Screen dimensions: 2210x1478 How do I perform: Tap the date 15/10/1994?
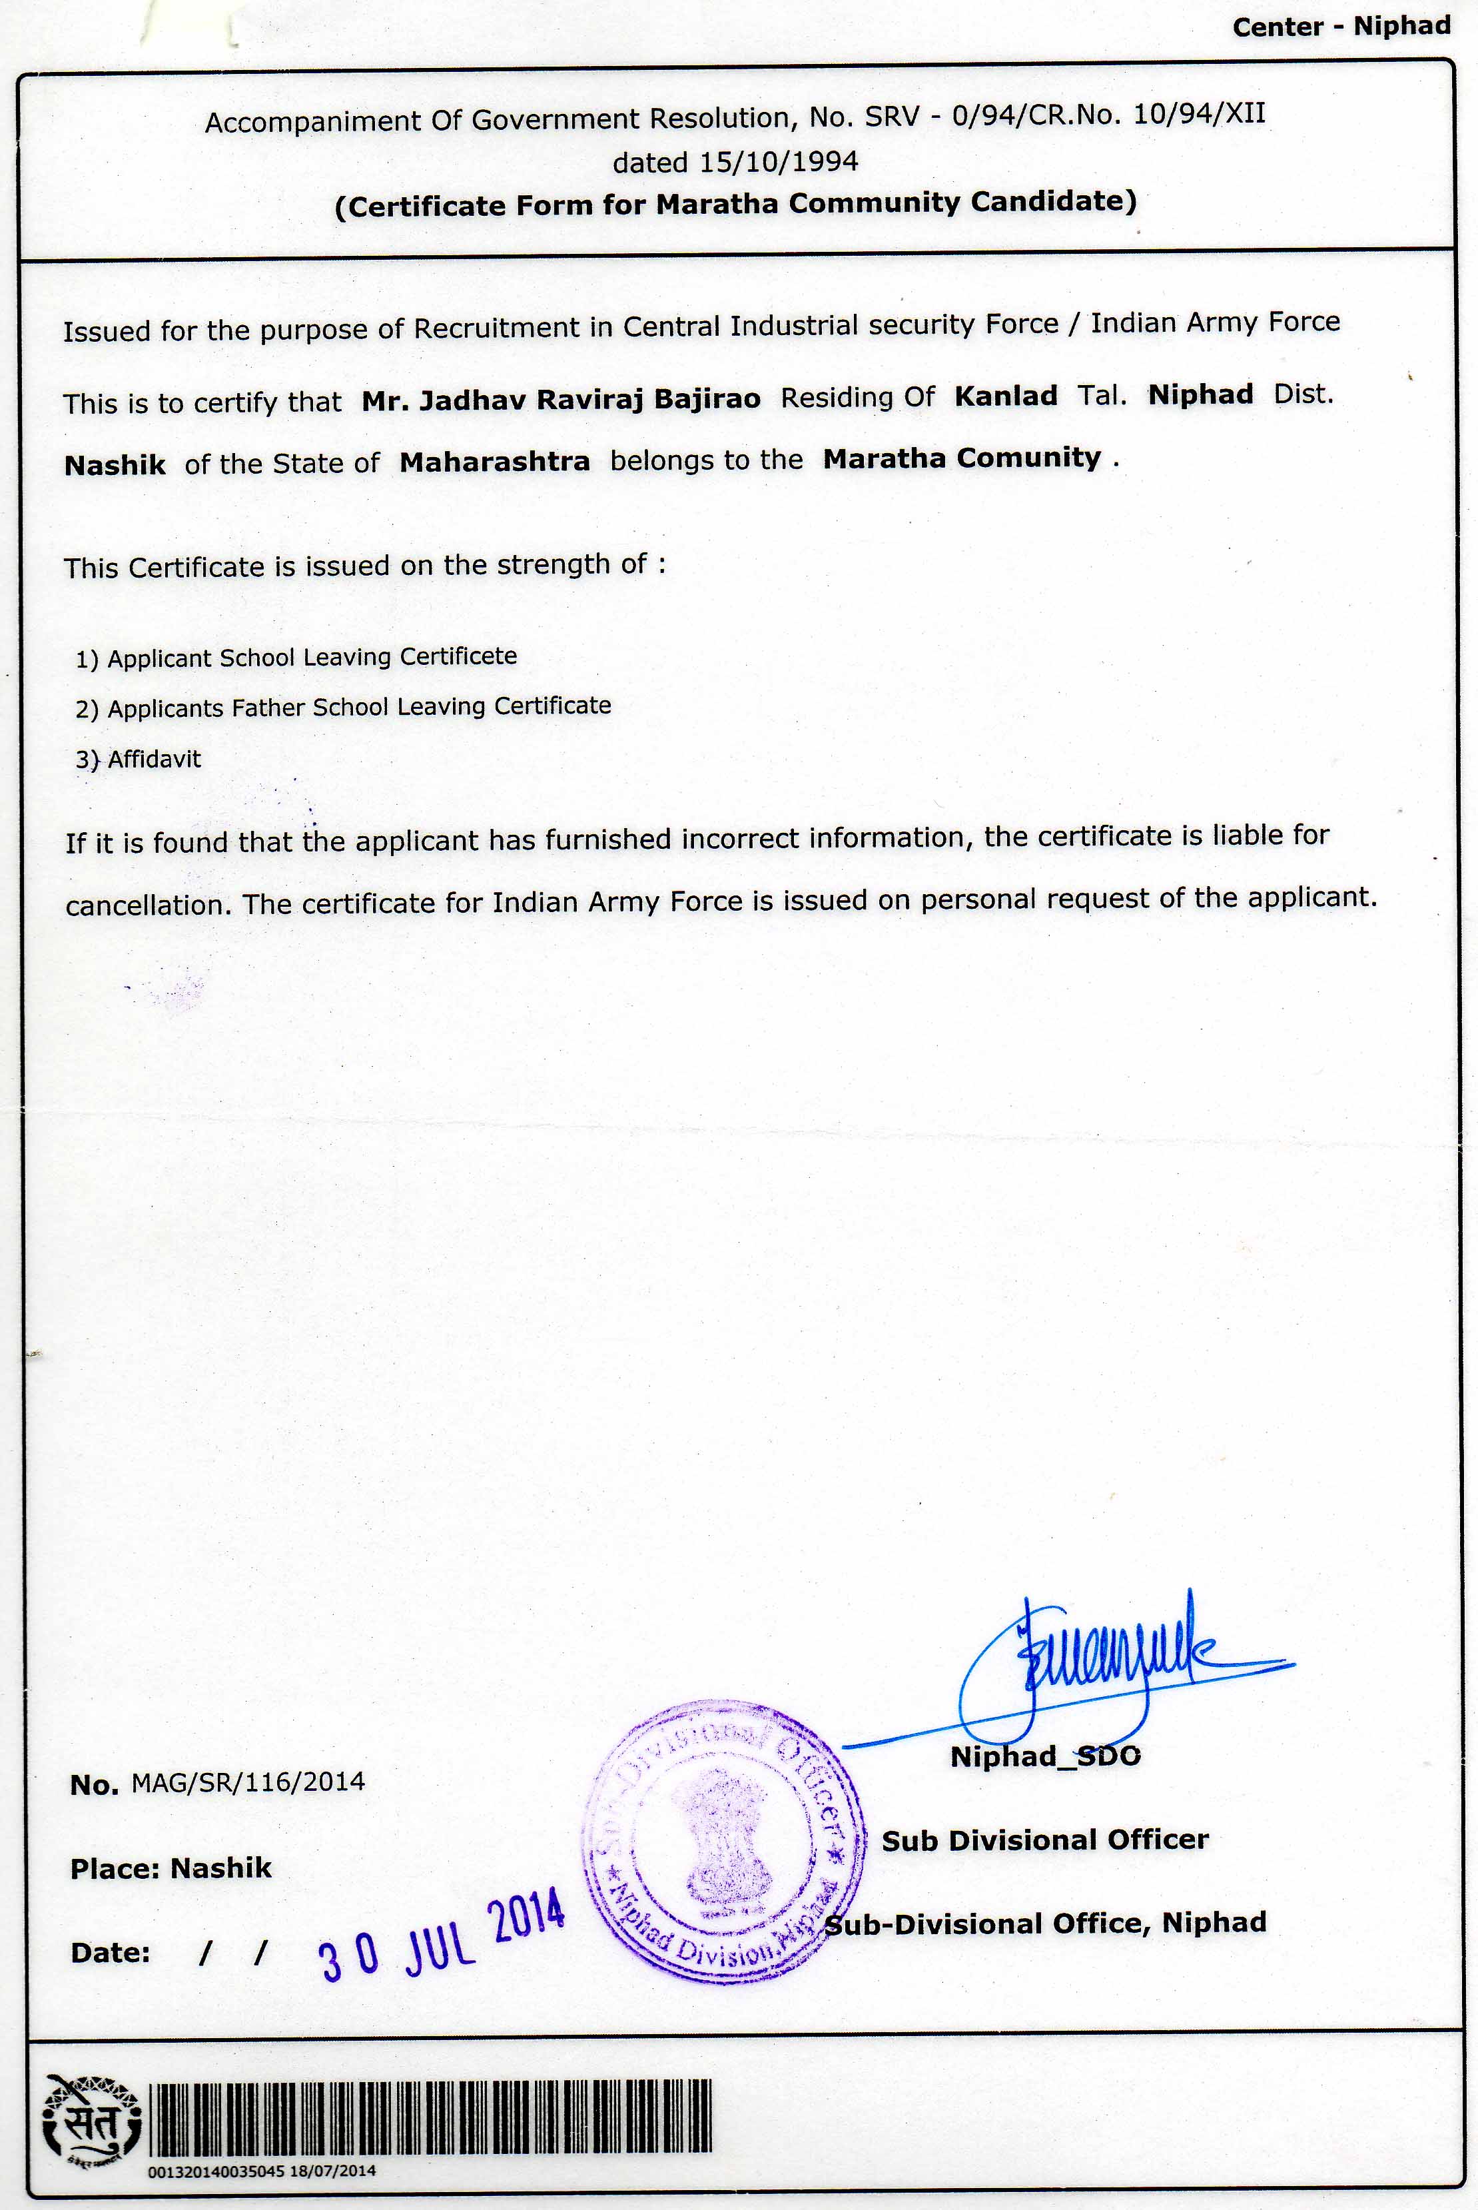[x=778, y=161]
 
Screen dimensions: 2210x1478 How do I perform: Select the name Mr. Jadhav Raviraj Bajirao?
[x=561, y=400]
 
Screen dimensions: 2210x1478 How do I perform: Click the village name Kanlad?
[x=1005, y=395]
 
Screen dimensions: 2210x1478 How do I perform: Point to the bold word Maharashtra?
[x=494, y=462]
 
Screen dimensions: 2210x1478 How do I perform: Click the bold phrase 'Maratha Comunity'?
[x=961, y=458]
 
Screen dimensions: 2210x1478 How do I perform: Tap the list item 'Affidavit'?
[x=154, y=759]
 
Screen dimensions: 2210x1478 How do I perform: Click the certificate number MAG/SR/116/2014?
[x=247, y=1782]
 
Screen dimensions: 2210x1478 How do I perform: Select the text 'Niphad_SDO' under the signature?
[x=1044, y=1756]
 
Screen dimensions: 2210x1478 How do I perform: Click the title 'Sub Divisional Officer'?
[x=1044, y=1840]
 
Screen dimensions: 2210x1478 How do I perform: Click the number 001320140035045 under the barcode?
[x=216, y=2171]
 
